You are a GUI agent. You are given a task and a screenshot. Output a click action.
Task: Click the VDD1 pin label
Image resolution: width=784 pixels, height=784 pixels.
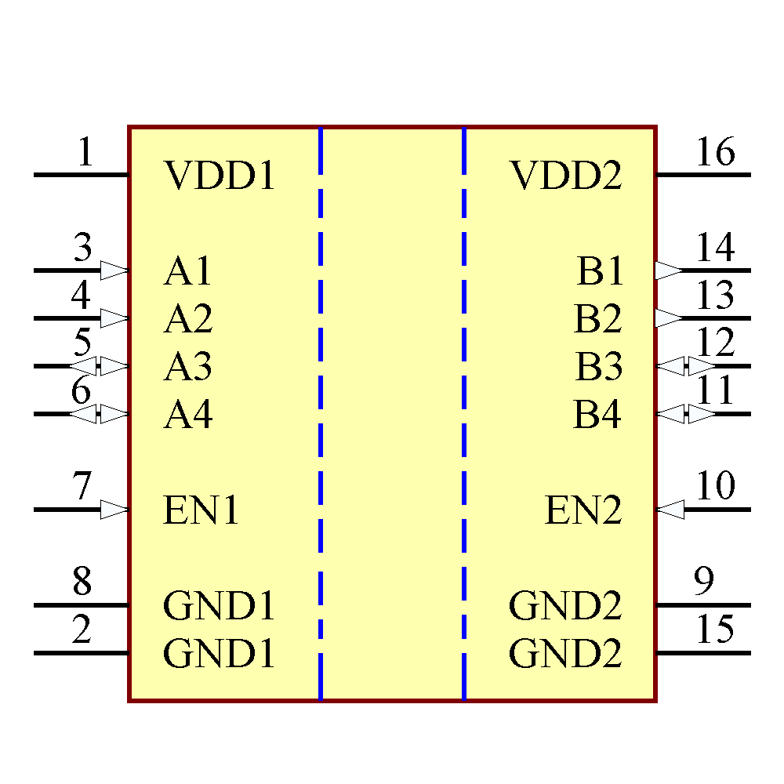click(x=220, y=176)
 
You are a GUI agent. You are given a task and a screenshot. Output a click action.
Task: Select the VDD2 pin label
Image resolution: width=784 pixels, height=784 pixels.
click(x=566, y=176)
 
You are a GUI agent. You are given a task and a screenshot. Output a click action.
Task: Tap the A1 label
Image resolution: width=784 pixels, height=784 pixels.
click(x=188, y=272)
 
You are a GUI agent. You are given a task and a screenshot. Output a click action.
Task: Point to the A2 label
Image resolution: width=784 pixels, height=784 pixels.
click(x=188, y=319)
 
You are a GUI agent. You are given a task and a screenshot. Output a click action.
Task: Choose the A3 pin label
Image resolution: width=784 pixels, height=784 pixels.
click(x=188, y=367)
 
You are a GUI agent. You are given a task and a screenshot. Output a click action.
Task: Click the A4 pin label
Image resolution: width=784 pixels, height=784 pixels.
click(x=188, y=415)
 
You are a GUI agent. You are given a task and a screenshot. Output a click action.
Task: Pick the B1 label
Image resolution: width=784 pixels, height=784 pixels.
click(x=600, y=272)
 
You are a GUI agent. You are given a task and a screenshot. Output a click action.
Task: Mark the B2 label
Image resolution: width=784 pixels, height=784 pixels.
click(x=597, y=319)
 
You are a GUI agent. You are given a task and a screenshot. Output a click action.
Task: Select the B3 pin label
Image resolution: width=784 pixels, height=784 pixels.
click(x=599, y=367)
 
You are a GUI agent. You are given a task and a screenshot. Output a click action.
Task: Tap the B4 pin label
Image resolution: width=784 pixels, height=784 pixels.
click(x=597, y=415)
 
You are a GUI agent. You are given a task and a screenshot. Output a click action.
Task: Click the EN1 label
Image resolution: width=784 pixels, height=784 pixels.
click(x=201, y=511)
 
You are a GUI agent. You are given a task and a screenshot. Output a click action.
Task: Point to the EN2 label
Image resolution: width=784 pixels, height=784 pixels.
click(x=583, y=511)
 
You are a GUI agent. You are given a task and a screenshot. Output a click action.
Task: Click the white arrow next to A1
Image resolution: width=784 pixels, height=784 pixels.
click(x=114, y=270)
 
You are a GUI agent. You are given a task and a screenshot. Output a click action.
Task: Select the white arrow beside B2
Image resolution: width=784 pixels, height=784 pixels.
click(x=669, y=318)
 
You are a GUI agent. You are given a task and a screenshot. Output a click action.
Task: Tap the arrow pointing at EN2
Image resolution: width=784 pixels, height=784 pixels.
click(x=670, y=510)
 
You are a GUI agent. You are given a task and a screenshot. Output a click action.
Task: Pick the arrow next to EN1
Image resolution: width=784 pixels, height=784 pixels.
click(x=114, y=510)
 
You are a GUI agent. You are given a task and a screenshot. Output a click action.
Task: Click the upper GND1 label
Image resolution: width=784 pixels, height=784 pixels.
click(x=220, y=606)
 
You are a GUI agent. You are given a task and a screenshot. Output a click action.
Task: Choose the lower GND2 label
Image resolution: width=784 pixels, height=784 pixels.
click(x=565, y=654)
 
